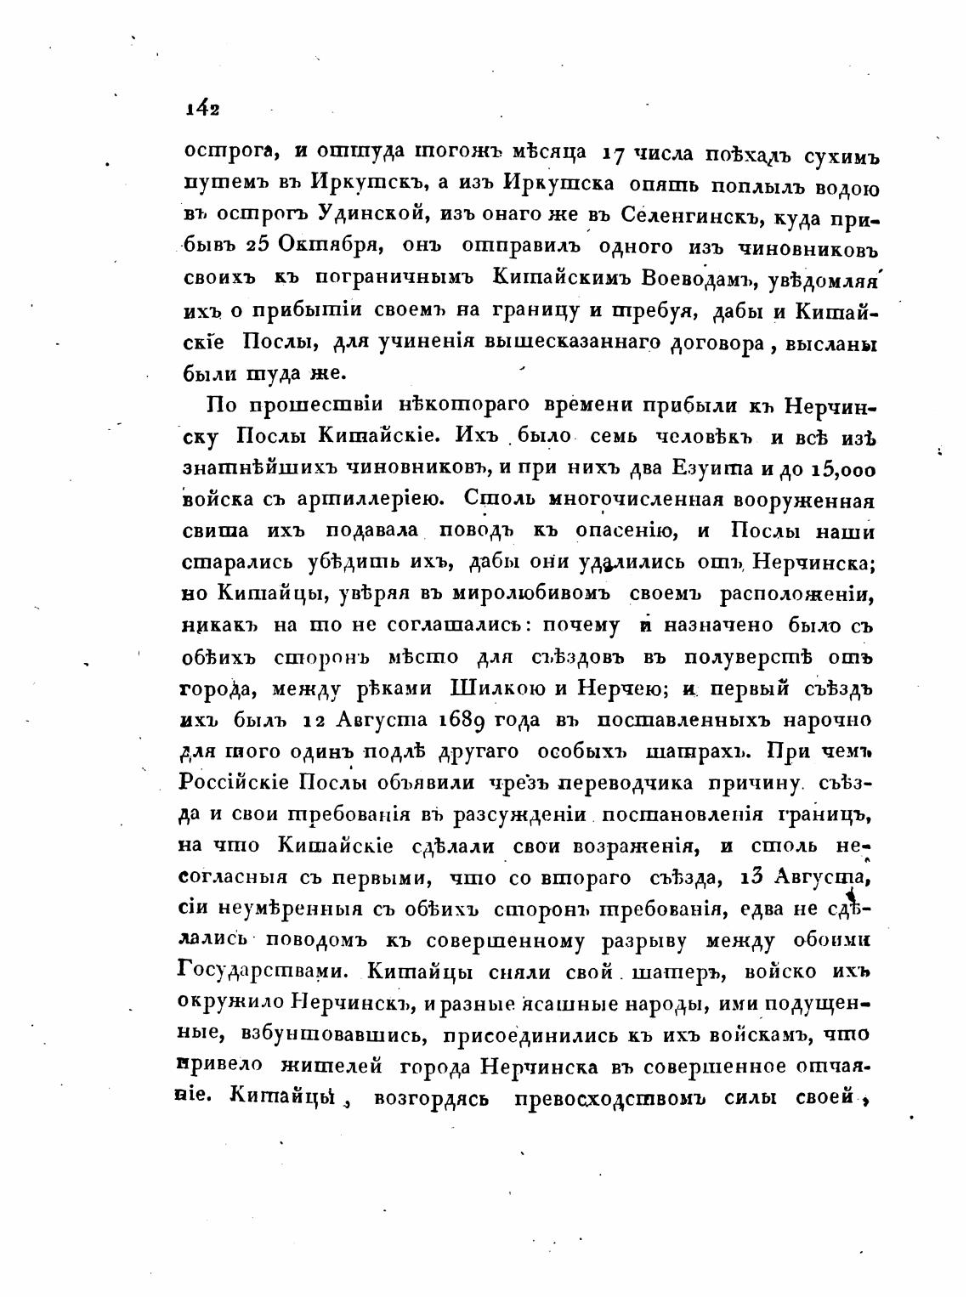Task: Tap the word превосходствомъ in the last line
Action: [x=612, y=1097]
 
